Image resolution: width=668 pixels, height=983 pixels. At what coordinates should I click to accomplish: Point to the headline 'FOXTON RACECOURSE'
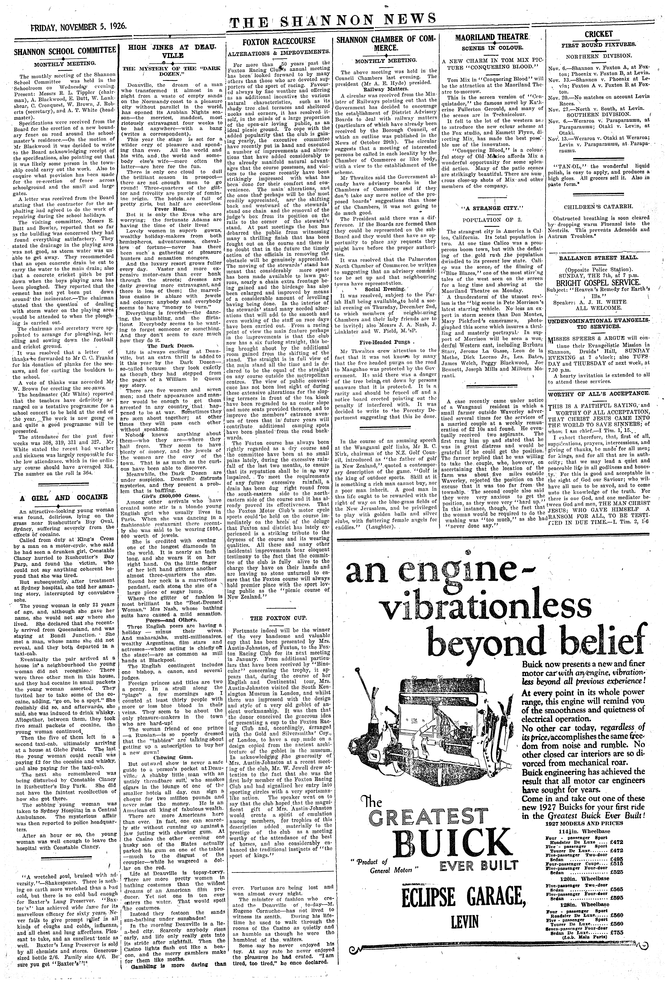[x=279, y=41]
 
